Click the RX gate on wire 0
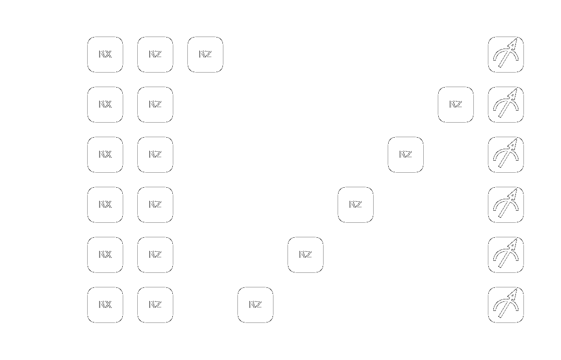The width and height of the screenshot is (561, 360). [105, 55]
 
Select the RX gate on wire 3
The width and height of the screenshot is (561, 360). [105, 205]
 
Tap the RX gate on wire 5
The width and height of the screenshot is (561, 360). [105, 305]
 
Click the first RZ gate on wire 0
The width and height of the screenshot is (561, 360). [155, 55]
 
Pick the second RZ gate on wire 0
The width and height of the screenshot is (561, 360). [205, 55]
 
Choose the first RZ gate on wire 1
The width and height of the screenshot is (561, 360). [155, 105]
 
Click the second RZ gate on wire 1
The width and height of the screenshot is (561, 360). [456, 105]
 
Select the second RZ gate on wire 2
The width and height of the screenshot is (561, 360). [406, 155]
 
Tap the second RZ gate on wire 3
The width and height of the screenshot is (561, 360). [356, 205]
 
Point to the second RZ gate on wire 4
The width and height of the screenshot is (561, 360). [306, 255]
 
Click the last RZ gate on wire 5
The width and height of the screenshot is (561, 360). [255, 305]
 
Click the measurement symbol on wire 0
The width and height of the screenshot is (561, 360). [506, 55]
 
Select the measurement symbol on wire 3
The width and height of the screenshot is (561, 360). [506, 205]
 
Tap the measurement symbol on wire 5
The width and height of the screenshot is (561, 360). [506, 305]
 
